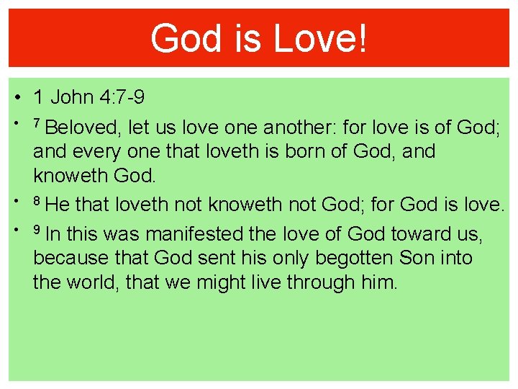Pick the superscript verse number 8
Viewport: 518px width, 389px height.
(36, 200)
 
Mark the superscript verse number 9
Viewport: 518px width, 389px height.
(36, 230)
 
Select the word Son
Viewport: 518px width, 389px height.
(416, 258)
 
